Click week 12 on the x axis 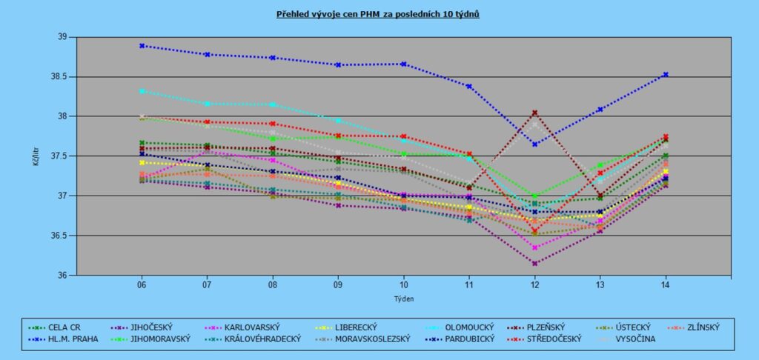pyautogui.click(x=535, y=284)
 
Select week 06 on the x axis pyautogui.click(x=142, y=284)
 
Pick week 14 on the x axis pyautogui.click(x=666, y=284)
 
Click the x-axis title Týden pyautogui.click(x=403, y=299)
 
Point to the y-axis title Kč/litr pyautogui.click(x=36, y=156)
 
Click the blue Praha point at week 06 pyautogui.click(x=142, y=46)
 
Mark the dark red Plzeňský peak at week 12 pyautogui.click(x=534, y=113)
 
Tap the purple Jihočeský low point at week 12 pyautogui.click(x=534, y=263)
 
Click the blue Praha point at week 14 pyautogui.click(x=666, y=74)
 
